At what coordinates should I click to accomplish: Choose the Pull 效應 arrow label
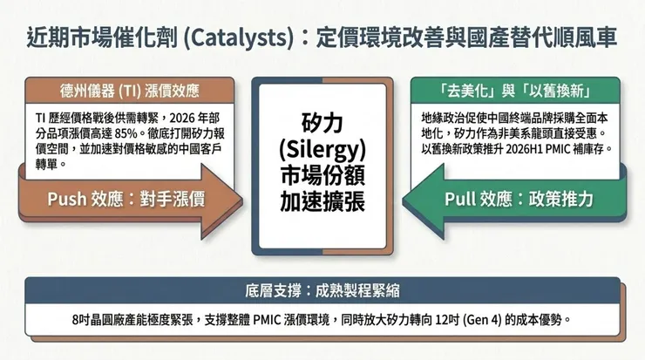click(520, 200)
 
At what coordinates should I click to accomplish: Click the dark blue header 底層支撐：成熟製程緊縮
click(322, 289)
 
